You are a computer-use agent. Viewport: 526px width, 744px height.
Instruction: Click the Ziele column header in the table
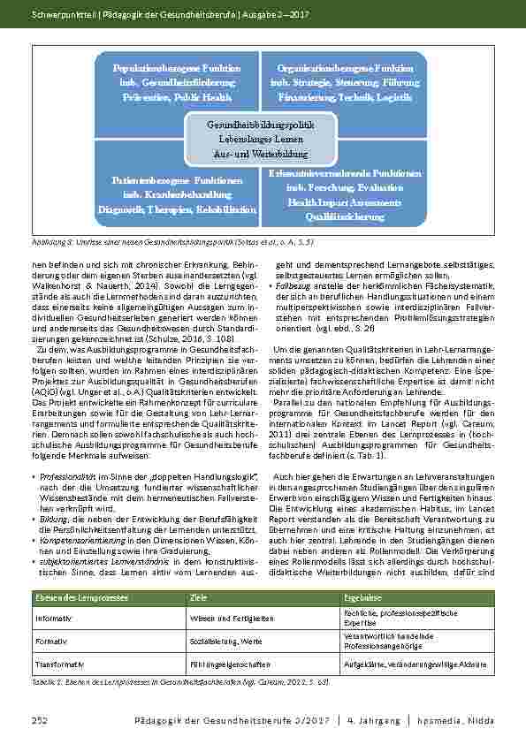pyautogui.click(x=199, y=598)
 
